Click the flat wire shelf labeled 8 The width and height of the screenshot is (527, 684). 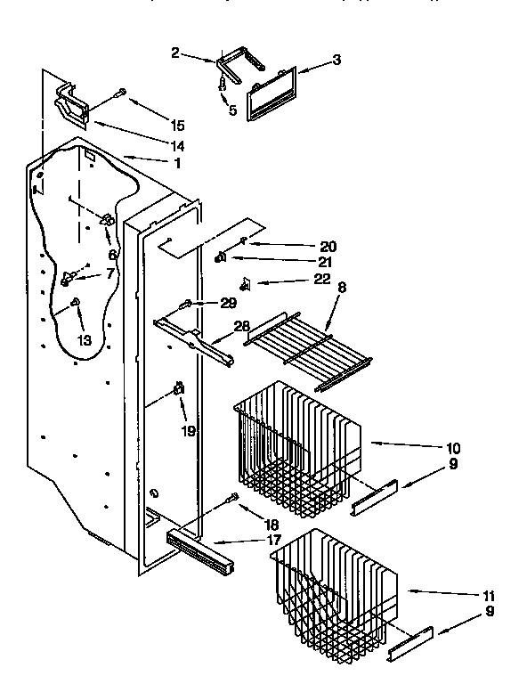click(309, 349)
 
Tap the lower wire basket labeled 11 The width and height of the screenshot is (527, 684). click(334, 588)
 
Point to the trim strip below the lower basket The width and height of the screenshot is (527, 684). click(409, 643)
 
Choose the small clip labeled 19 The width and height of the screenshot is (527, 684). click(178, 388)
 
